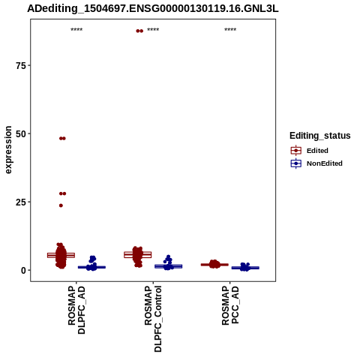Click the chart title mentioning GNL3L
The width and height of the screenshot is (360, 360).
coord(153,9)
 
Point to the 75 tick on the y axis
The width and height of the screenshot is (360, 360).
coord(21,65)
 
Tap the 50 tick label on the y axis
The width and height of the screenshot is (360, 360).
coord(21,133)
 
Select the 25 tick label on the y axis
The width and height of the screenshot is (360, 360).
coord(21,202)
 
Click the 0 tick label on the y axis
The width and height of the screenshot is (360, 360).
coord(23,270)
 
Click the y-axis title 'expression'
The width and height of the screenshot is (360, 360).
coord(8,150)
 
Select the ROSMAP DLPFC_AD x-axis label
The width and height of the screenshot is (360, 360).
coord(76,310)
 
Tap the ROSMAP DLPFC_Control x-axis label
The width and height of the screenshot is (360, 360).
coord(153,319)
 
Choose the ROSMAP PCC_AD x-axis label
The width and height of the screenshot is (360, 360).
coord(230,305)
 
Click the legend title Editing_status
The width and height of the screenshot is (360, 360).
coord(320,136)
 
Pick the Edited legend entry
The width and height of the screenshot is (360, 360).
coord(310,151)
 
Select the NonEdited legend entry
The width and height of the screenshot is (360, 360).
coord(316,163)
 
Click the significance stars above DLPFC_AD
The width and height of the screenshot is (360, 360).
coord(76,30)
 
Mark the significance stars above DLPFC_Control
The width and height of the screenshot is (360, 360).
coord(153,30)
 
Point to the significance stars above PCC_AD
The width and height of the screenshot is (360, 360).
coord(230,30)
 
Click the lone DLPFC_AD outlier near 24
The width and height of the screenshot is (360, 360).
coord(61,205)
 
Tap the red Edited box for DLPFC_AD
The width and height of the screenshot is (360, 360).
coord(61,255)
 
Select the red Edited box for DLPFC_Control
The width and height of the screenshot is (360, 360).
coord(138,255)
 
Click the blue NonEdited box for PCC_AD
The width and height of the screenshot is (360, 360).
coord(245,268)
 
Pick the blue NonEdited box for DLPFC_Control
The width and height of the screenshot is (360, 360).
coord(169,266)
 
